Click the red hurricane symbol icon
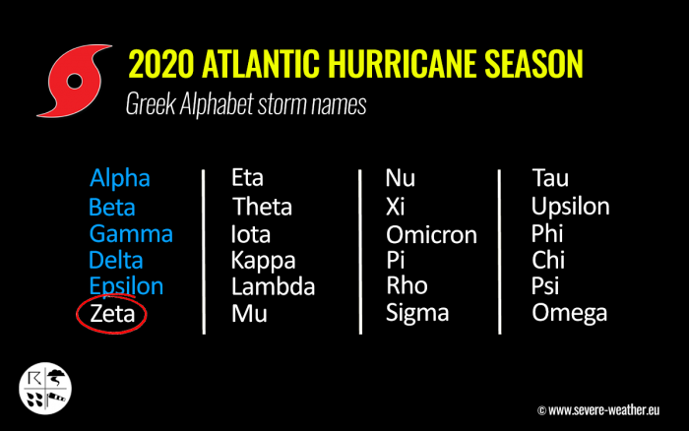pos(74,81)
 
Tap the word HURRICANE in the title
pos(402,64)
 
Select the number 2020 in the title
pos(161,64)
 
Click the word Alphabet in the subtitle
pos(217,104)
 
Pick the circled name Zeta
pos(112,314)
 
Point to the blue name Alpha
pos(120,178)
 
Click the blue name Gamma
pos(131,234)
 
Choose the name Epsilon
pos(126,286)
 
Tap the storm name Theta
pos(262,207)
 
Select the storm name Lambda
pos(273,287)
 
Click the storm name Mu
pos(249,314)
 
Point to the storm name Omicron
pos(431,234)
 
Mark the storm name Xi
pos(395,207)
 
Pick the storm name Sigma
pos(417,314)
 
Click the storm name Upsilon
pos(570,207)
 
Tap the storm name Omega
pos(570,314)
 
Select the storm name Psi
pos(545,286)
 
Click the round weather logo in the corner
pos(45,389)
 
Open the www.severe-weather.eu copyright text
pos(598,410)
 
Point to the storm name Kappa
pos(263,261)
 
